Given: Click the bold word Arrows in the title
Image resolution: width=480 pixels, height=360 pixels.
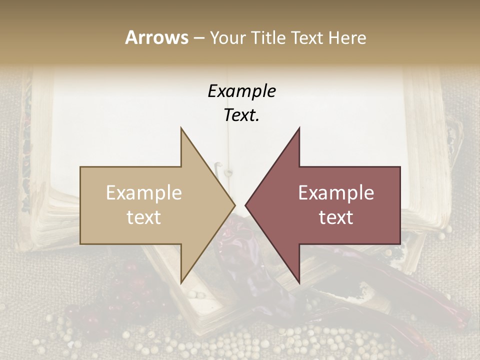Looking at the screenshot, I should [156, 37].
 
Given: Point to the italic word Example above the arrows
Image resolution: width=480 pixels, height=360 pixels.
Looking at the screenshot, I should [241, 91].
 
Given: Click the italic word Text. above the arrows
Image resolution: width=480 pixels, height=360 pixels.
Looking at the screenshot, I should [241, 115].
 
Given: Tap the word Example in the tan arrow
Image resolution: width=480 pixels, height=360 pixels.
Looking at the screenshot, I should [144, 192].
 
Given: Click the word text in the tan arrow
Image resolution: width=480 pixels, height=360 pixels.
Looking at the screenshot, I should [144, 217].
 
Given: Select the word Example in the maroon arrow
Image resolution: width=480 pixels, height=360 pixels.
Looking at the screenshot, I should [336, 192].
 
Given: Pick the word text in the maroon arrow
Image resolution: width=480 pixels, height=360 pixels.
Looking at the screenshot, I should [336, 217].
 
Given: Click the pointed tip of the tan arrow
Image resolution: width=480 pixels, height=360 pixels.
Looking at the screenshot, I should [235, 205].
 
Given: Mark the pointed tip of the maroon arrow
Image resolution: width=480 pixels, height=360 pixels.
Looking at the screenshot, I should [245, 205].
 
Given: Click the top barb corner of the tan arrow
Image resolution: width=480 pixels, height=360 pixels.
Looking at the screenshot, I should [181, 128].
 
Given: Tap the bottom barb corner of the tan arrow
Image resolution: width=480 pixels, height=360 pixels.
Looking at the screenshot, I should [181, 283].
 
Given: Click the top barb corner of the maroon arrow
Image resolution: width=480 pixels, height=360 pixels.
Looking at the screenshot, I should [299, 128].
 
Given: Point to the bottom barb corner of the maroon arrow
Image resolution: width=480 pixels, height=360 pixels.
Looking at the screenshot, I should [299, 283].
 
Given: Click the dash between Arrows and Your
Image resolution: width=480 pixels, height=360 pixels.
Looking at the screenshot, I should [198, 38].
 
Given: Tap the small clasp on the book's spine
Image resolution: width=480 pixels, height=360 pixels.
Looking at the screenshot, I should [228, 173].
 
